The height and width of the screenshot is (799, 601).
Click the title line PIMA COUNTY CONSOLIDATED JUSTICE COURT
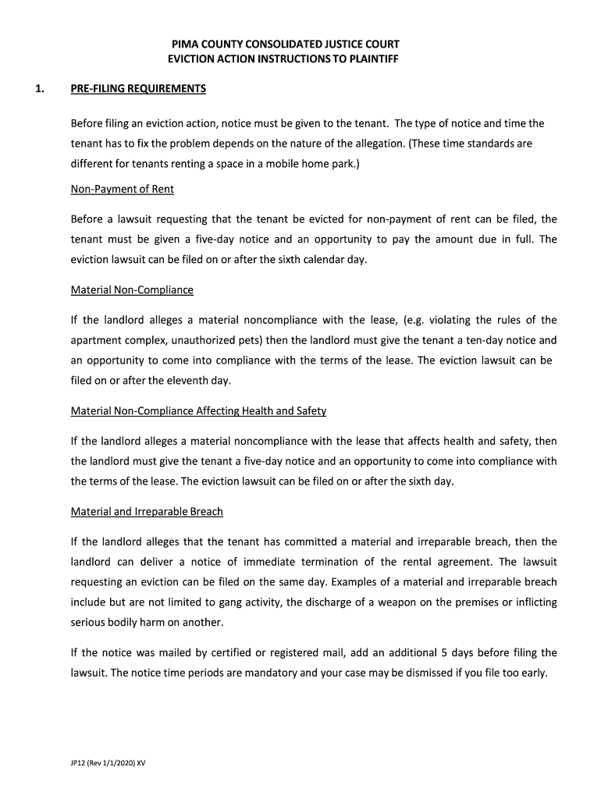(285, 44)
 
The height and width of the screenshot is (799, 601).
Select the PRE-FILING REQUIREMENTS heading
(138, 89)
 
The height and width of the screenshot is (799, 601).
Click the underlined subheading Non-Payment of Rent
(123, 189)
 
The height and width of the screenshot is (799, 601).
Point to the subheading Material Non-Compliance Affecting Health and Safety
(198, 410)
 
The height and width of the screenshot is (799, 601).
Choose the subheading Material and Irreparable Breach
(147, 512)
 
